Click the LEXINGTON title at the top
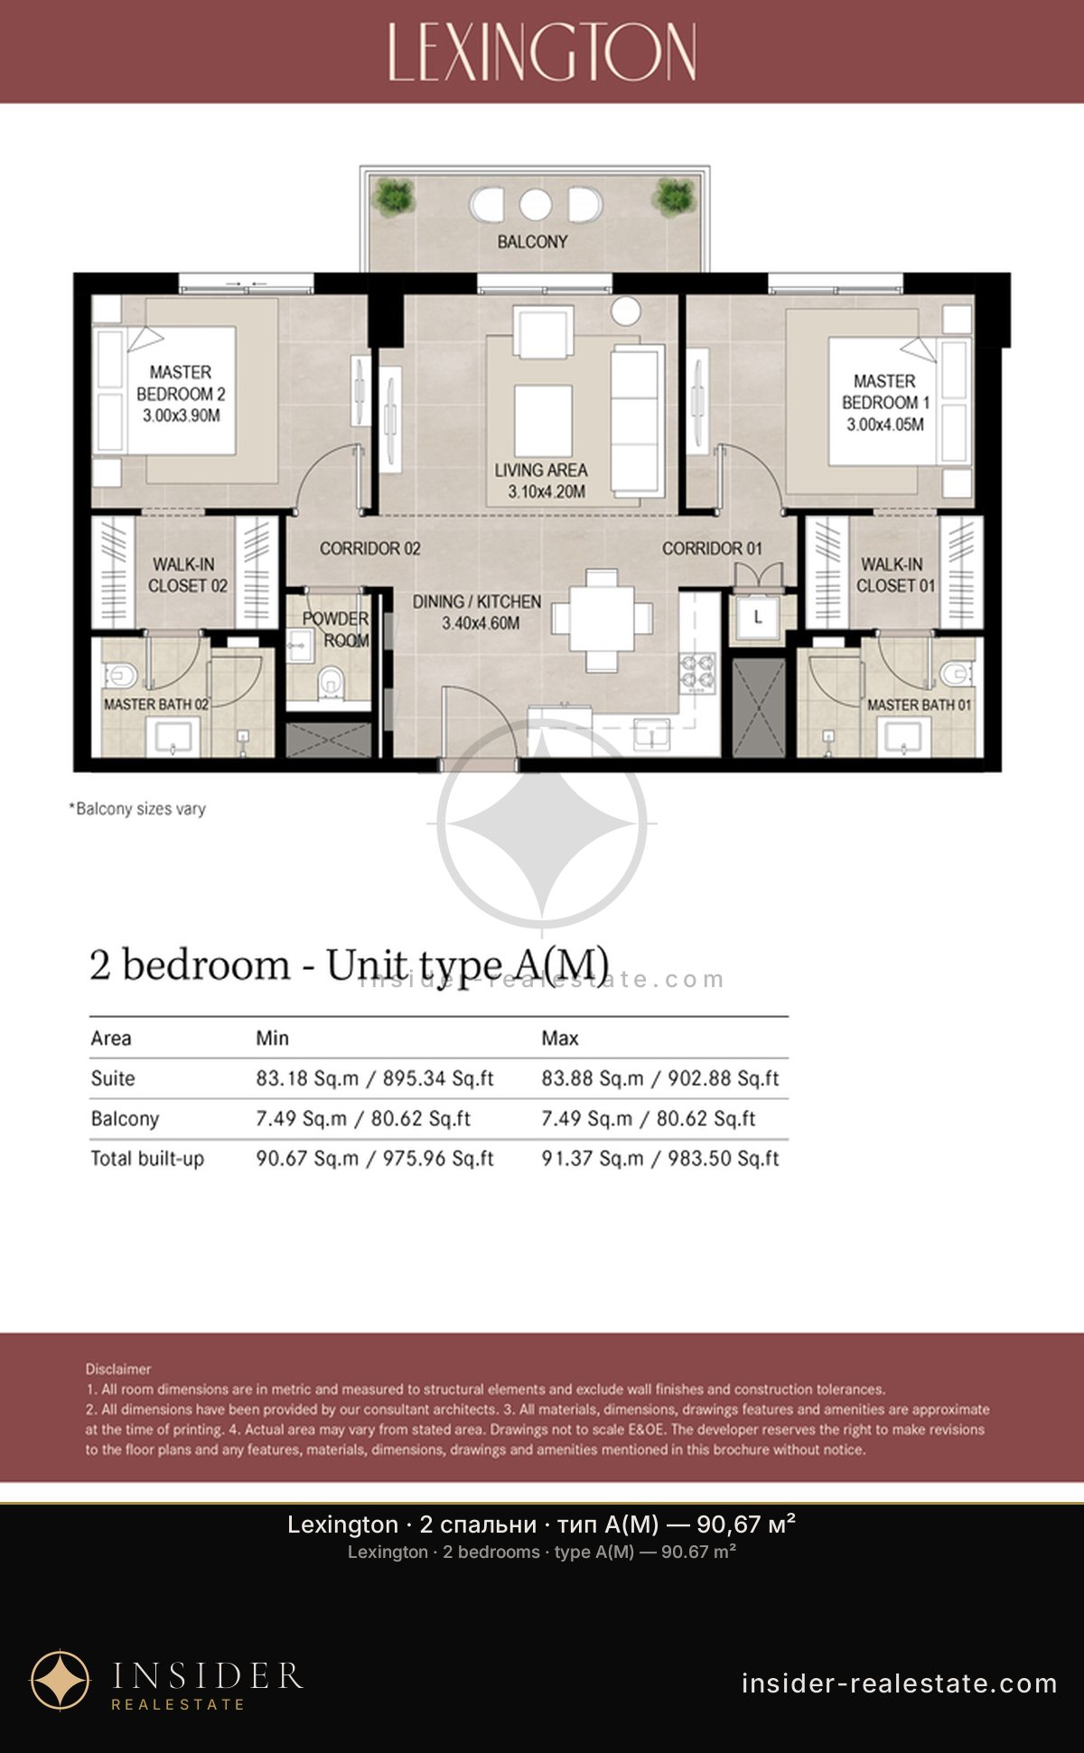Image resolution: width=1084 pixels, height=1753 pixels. (542, 51)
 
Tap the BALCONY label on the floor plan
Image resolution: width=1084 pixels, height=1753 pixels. (532, 242)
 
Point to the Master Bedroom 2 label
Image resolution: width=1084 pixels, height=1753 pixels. (181, 383)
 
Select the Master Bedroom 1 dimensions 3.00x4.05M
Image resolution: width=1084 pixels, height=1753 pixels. (885, 424)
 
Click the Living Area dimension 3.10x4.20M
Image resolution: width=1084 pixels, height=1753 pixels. (547, 492)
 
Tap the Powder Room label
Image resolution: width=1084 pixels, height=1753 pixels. (335, 629)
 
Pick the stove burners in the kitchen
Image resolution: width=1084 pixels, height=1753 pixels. (696, 671)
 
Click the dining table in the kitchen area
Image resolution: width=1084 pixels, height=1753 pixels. (602, 620)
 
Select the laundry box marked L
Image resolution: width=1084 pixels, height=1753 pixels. (757, 618)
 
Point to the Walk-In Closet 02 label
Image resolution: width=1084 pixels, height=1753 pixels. (186, 575)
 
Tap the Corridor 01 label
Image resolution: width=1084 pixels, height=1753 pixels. (712, 548)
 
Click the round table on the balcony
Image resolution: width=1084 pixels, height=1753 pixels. (535, 205)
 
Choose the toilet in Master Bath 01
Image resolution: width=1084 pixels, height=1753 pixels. (953, 674)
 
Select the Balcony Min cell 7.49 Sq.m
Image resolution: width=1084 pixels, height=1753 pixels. (302, 1119)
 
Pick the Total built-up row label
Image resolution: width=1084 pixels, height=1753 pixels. (147, 1159)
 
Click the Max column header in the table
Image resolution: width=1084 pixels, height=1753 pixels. (560, 1039)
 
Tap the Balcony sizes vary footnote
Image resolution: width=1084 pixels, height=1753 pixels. (137, 809)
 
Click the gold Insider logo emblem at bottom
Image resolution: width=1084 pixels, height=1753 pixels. (61, 1681)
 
